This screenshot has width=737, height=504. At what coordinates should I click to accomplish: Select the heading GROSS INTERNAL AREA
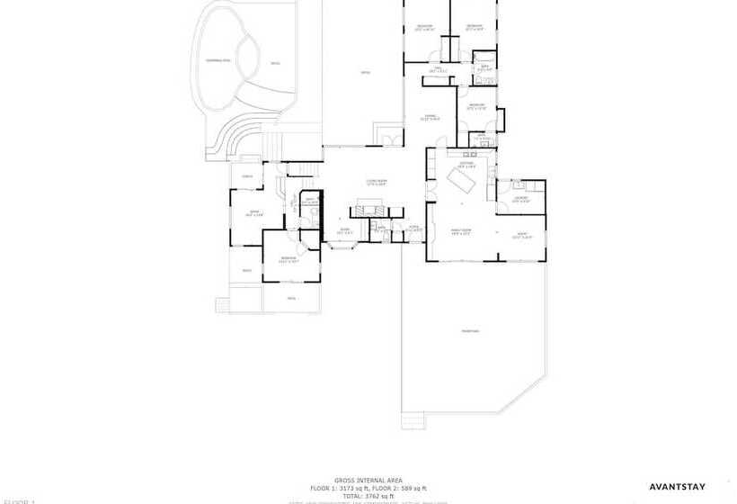[x=368, y=481]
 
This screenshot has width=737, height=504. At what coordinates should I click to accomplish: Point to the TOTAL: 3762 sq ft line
[x=368, y=496]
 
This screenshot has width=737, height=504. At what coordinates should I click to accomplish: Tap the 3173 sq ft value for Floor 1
[x=357, y=488]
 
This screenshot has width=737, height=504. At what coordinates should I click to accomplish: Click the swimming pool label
[x=218, y=60]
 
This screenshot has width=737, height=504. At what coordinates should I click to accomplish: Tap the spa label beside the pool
[x=274, y=64]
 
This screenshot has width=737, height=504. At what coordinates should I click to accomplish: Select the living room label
[x=376, y=182]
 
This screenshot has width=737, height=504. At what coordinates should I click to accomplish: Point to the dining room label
[x=431, y=117]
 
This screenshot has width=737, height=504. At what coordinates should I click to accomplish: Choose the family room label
[x=461, y=232]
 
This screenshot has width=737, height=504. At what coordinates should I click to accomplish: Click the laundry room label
[x=520, y=200]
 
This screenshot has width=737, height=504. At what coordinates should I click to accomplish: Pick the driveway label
[x=470, y=331]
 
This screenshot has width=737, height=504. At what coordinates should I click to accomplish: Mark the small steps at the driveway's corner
[x=413, y=421]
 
